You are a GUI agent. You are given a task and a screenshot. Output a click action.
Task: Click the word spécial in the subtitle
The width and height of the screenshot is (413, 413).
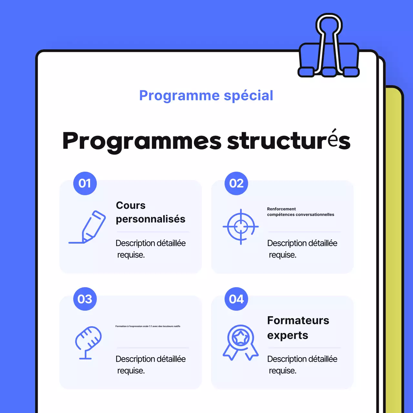pyautogui.click(x=248, y=96)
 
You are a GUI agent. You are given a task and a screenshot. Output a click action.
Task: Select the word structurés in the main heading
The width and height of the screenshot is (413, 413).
pyautogui.click(x=289, y=141)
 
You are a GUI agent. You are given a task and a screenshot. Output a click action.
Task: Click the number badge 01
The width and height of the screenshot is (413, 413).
pyautogui.click(x=85, y=183)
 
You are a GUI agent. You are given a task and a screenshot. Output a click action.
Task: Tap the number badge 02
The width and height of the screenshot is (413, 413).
pyautogui.click(x=236, y=183)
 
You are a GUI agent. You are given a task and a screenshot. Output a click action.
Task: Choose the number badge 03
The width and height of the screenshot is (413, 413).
pyautogui.click(x=85, y=299)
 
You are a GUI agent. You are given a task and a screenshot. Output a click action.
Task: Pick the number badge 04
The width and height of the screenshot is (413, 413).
pyautogui.click(x=236, y=299)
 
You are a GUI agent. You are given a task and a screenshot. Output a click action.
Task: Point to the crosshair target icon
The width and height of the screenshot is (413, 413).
pyautogui.click(x=241, y=227)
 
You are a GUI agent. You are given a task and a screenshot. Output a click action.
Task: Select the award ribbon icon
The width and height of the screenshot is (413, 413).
pyautogui.click(x=241, y=342)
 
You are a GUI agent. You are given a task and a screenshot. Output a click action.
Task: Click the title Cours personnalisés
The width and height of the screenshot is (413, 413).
pyautogui.click(x=150, y=212)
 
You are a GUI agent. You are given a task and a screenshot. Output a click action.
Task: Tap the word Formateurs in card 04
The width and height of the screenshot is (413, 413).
pyautogui.click(x=298, y=320)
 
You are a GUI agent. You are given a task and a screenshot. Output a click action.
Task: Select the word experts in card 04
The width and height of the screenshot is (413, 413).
pyautogui.click(x=287, y=335)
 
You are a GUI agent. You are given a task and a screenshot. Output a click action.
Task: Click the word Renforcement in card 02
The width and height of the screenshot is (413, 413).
pyautogui.click(x=281, y=209)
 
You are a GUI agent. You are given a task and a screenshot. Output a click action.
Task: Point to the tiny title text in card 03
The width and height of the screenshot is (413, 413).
pyautogui.click(x=148, y=326)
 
